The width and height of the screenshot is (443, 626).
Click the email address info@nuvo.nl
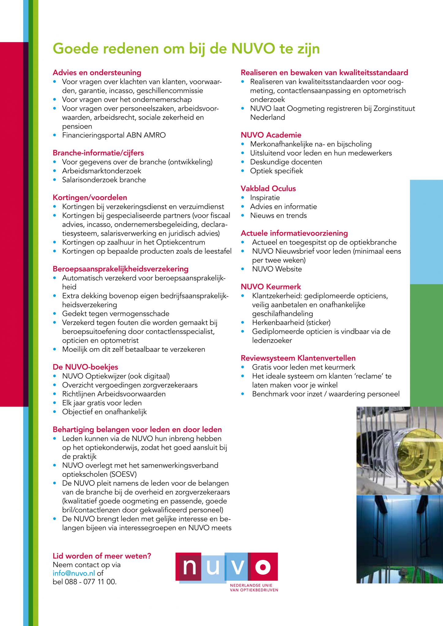[x=74, y=573]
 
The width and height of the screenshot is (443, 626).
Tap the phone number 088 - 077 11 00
[x=91, y=582]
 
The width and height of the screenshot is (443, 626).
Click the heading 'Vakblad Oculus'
[x=268, y=189]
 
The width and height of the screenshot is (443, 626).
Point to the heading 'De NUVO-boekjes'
[x=85, y=367]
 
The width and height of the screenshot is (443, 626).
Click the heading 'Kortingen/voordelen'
[x=90, y=197]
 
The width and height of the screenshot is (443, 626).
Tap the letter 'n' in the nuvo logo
[x=189, y=566]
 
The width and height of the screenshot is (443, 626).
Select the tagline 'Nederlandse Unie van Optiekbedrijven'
[x=254, y=587]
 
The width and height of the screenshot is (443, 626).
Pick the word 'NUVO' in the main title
[x=253, y=49]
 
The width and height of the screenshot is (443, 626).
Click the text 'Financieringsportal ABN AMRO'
[x=114, y=135]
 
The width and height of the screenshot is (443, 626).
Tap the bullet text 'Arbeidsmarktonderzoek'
[x=102, y=171]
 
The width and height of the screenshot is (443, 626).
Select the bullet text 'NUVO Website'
[x=277, y=269]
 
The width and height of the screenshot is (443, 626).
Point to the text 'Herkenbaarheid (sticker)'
[x=291, y=322]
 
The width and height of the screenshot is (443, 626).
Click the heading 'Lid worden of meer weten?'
[x=102, y=556]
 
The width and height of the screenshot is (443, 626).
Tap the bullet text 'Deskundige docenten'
[x=286, y=162]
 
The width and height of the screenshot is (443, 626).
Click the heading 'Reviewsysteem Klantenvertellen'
[x=298, y=358]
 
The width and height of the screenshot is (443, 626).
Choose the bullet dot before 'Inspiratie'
[x=243, y=198]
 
